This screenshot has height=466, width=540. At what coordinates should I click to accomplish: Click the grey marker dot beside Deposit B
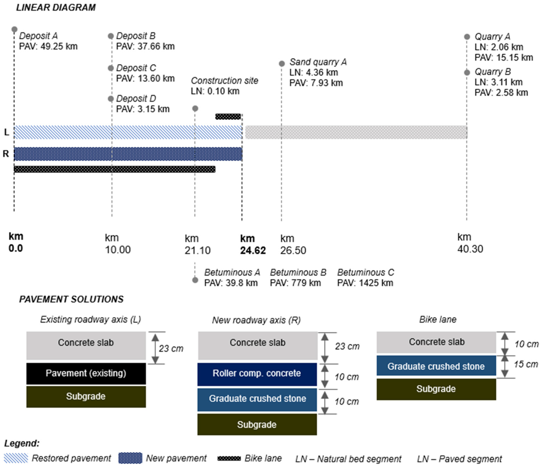pyautogui.click(x=111, y=36)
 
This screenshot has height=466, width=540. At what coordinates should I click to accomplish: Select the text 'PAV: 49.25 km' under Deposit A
pyautogui.click(x=48, y=46)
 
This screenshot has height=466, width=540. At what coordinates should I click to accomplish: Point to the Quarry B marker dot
pyautogui.click(x=467, y=72)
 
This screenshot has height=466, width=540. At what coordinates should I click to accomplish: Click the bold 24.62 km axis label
pyautogui.click(x=252, y=250)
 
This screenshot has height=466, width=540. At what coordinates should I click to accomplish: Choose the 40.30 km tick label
pyautogui.click(x=470, y=249)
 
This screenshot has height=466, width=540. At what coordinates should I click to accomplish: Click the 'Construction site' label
pyautogui.click(x=224, y=81)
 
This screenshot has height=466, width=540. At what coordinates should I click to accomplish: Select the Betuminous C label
pyautogui.click(x=365, y=272)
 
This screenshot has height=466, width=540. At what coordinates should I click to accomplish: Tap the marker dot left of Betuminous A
pyautogui.click(x=195, y=280)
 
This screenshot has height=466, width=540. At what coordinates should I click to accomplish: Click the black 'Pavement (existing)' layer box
pyautogui.click(x=86, y=373)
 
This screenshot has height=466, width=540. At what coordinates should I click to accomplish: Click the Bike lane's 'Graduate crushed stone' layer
pyautogui.click(x=436, y=366)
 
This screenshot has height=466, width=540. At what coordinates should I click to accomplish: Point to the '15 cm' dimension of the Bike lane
pyautogui.click(x=526, y=364)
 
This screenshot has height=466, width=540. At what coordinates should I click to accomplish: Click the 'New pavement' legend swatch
pyautogui.click(x=130, y=458)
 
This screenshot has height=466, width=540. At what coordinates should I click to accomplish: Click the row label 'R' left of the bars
pyautogui.click(x=6, y=154)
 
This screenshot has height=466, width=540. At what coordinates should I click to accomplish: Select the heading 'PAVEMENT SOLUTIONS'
pyautogui.click(x=71, y=299)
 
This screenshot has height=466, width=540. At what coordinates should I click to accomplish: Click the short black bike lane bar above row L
pyautogui.click(x=228, y=116)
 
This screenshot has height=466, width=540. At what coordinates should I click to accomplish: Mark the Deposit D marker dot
pyautogui.click(x=111, y=99)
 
